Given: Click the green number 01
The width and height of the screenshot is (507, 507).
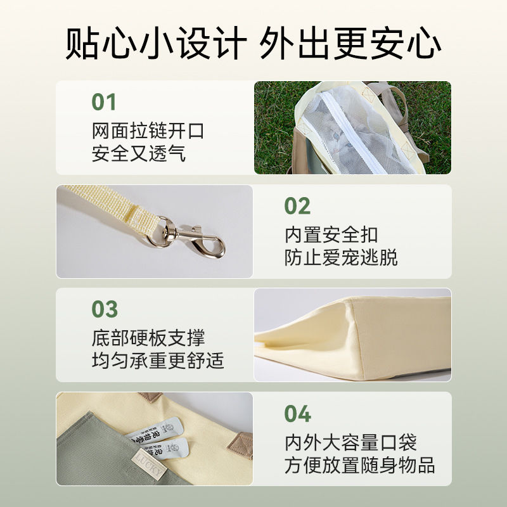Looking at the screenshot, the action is (103, 102).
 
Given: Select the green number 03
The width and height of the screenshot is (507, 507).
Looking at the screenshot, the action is (105, 309).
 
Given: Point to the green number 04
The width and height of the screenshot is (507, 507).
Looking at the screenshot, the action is (297, 414).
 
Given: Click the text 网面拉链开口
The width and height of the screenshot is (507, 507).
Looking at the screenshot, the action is (148, 131).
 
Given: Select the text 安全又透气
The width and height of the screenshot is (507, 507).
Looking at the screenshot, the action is (139, 153).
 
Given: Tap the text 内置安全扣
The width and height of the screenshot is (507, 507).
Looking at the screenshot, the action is (331, 234).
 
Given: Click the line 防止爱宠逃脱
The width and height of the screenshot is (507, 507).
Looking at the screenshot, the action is (341, 257).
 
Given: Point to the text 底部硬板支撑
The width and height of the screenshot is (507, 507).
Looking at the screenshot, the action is (148, 338).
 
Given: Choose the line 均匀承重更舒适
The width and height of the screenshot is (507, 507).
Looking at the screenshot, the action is (158, 361).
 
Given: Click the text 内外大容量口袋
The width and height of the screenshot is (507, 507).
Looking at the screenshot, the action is (350, 442).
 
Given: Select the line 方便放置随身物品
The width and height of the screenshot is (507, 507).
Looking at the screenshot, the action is (359, 465).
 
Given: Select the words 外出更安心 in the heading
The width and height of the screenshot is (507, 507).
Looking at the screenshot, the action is (350, 43).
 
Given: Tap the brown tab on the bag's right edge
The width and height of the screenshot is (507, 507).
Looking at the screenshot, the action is (240, 446).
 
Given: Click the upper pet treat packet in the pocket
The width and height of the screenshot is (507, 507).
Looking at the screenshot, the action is (156, 430).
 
